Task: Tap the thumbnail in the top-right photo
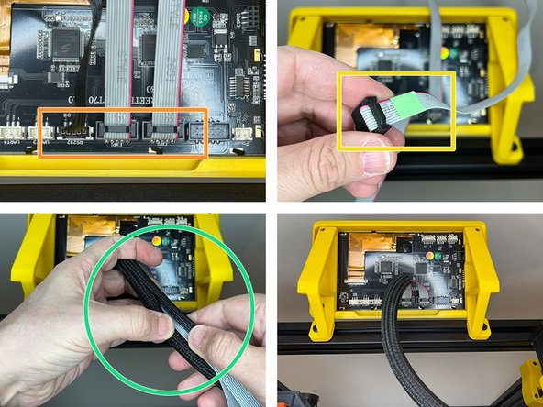click(x=375, y=164)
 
